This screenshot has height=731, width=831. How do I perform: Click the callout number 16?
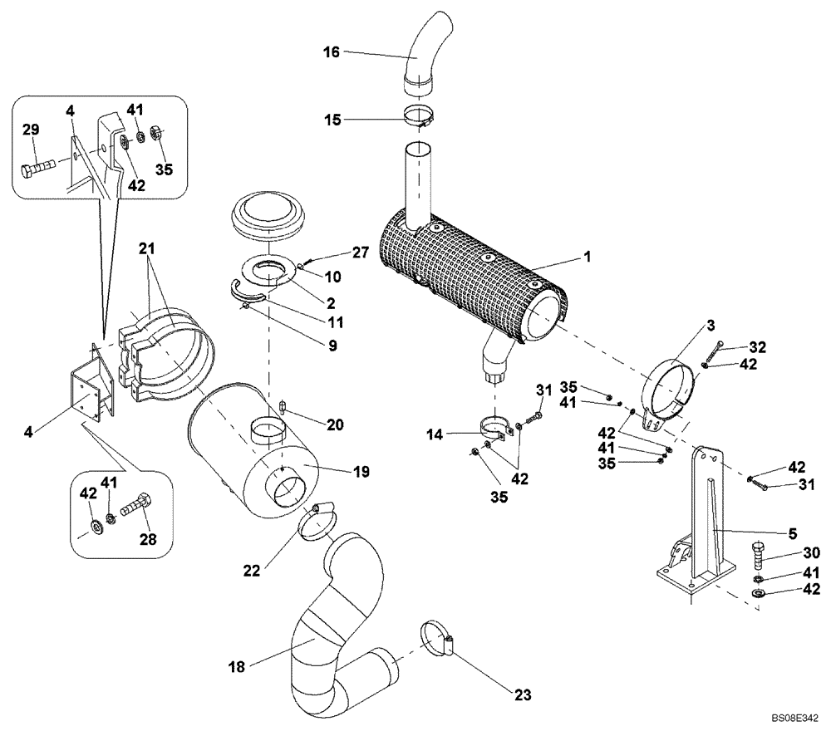332,52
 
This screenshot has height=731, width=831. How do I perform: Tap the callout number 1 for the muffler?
587,258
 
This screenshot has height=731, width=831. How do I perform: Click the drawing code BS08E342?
794,715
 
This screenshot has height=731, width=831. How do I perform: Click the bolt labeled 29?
37,169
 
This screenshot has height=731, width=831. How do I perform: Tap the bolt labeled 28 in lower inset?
135,505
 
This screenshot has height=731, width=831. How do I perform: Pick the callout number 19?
360,471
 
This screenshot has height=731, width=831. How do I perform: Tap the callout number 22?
252,571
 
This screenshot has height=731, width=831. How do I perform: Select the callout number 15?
332,120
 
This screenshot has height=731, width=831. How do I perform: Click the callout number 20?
334,424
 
